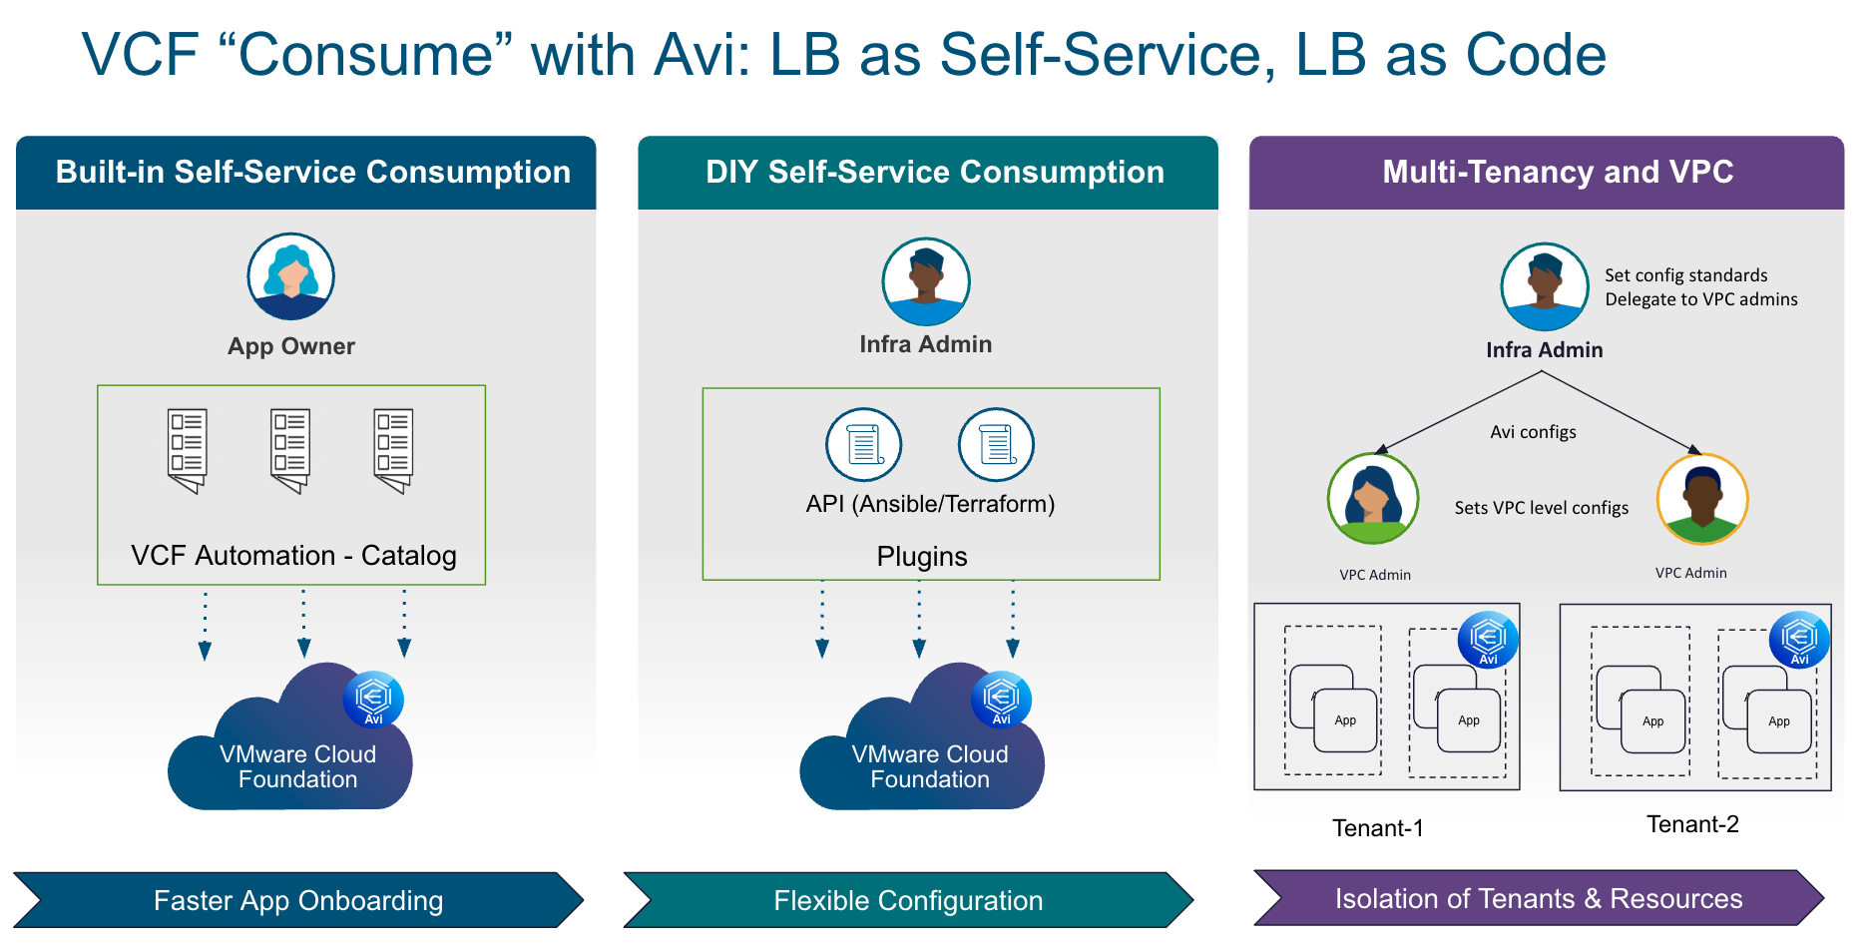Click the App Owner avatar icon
(x=290, y=276)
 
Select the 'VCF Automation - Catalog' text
(x=293, y=555)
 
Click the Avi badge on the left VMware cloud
(x=373, y=699)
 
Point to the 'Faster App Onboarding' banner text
(x=297, y=900)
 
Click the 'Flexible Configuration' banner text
(x=907, y=900)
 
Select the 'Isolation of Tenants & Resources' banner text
(x=1538, y=898)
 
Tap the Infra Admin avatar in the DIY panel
(x=925, y=281)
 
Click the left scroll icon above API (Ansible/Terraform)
(x=863, y=444)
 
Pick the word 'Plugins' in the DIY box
(x=921, y=556)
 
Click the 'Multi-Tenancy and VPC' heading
(x=1557, y=172)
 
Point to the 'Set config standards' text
(x=1685, y=275)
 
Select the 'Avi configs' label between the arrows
(x=1533, y=432)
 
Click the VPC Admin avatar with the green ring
(x=1373, y=498)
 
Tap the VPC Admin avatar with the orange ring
(x=1701, y=498)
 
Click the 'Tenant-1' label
(x=1377, y=827)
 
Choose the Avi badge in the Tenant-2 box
(x=1799, y=639)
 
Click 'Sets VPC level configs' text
(x=1541, y=508)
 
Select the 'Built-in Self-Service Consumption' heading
(x=312, y=172)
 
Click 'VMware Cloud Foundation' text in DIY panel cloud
(x=929, y=766)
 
